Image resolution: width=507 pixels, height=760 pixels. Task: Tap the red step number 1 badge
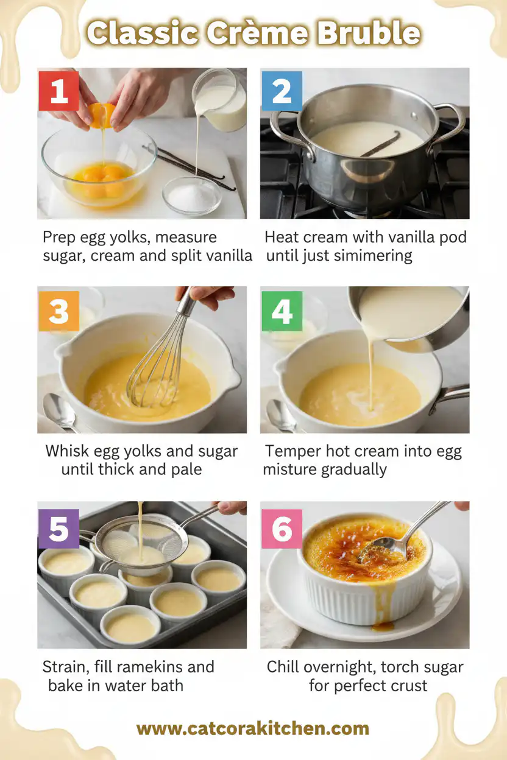pos(58,91)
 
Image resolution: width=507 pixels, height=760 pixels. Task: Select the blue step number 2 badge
pos(282,91)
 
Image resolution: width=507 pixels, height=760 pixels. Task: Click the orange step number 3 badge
pos(58,311)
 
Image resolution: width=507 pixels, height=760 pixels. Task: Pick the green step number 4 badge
pos(282,311)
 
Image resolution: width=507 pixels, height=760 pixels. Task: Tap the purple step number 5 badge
pos(58,529)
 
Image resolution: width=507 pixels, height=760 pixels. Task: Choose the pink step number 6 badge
pos(282,529)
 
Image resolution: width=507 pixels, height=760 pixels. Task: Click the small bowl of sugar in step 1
pos(192,196)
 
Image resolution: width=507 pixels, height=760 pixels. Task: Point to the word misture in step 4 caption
pos(291,470)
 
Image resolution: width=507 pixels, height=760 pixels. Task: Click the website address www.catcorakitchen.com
pos(253,728)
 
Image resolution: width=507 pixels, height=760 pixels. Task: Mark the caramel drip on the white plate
pos(383,625)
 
